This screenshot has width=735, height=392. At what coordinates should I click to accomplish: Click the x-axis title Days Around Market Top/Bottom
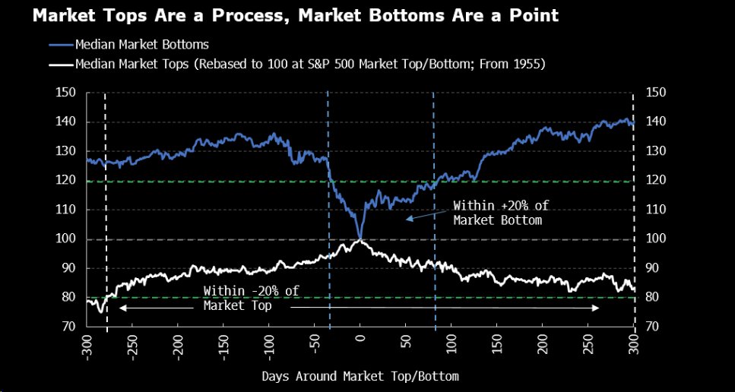point(360,376)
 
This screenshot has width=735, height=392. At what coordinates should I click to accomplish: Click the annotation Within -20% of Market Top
point(242,299)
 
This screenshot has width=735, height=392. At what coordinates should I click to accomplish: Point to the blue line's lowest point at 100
point(360,237)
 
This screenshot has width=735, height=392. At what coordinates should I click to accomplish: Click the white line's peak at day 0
point(360,241)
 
